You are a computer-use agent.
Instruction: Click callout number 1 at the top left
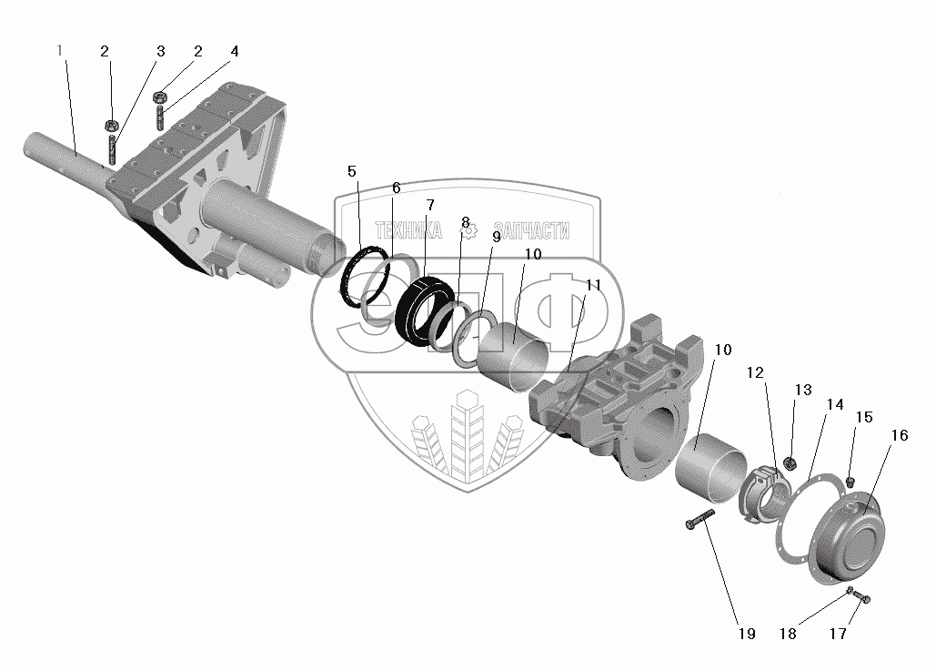coord(60,51)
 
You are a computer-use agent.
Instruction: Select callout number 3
coord(161,51)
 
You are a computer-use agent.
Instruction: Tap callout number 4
coord(234,51)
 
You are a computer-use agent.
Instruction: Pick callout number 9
coord(496,237)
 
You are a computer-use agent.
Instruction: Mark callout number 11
coord(594,285)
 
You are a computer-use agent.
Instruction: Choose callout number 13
coord(802,391)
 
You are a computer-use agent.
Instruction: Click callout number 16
coord(899,435)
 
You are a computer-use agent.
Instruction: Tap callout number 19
coord(747,634)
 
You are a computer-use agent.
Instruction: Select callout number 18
coord(789,634)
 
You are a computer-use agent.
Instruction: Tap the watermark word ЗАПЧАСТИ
coord(531,232)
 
